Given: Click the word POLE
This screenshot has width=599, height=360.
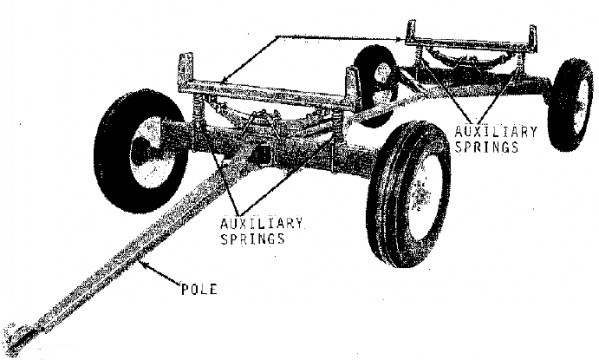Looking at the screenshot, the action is click(x=199, y=289).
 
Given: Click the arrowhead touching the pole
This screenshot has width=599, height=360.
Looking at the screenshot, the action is click(x=143, y=263).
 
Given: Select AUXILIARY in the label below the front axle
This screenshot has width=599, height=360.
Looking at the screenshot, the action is click(x=262, y=223).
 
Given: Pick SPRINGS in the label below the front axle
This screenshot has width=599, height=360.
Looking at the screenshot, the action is click(x=253, y=238).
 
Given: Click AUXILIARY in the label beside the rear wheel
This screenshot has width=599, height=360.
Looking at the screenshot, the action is click(x=496, y=132).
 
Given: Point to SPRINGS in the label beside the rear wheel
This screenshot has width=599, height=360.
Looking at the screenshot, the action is click(x=486, y=147).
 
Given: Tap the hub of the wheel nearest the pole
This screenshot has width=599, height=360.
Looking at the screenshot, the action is click(x=147, y=152).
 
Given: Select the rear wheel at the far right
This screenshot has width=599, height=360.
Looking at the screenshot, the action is click(x=570, y=104).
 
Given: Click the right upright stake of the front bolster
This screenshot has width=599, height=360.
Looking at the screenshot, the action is click(x=352, y=86).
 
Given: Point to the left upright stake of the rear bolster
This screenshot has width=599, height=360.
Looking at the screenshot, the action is click(x=411, y=31).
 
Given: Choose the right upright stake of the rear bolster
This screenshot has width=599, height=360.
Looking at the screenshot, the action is click(x=533, y=37).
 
